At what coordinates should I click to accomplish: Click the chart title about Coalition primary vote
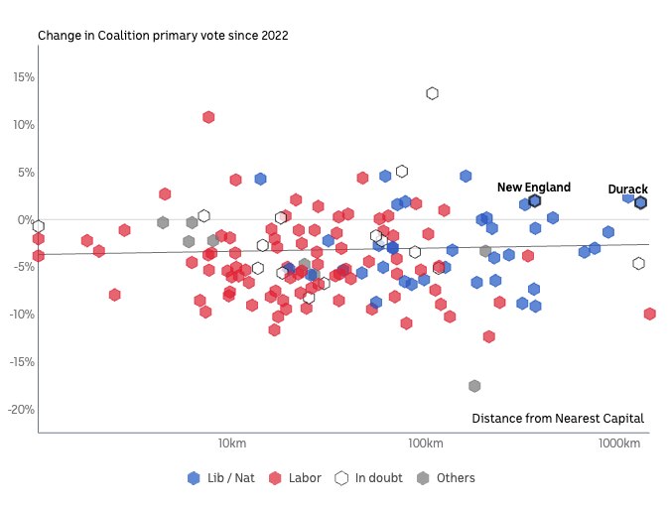[163, 36]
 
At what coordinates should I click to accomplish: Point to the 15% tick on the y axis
[23, 77]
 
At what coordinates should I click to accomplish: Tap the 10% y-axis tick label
[23, 125]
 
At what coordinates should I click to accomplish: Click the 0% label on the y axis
[26, 220]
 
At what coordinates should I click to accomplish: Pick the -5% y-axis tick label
[24, 267]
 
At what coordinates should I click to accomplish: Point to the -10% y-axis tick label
[21, 315]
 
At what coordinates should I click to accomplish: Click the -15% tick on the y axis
[21, 362]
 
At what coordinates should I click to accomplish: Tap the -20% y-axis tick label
[21, 410]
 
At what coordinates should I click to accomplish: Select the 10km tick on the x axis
[231, 443]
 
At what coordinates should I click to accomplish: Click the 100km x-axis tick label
[425, 443]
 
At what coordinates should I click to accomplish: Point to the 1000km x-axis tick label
[618, 443]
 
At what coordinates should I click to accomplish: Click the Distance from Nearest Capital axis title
[557, 419]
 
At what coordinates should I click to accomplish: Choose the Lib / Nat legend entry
[221, 478]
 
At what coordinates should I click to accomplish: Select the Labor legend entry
[296, 478]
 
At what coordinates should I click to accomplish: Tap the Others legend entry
[446, 478]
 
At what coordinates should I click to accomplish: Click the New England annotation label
[534, 188]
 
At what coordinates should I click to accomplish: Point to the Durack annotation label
[627, 190]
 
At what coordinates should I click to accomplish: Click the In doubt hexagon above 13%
[433, 93]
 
